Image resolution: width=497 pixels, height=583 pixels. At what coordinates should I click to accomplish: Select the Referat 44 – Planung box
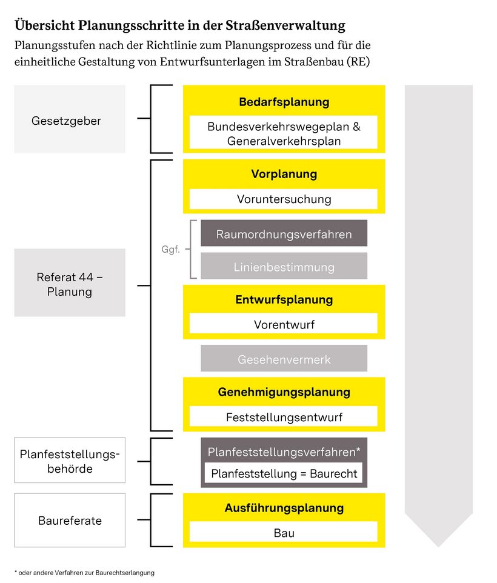(70, 282)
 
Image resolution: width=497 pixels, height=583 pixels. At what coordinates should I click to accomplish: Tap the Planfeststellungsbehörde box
(70, 461)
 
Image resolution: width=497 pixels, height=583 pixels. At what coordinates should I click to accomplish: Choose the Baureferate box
(70, 520)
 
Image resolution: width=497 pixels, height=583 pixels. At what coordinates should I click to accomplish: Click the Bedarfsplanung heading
(284, 102)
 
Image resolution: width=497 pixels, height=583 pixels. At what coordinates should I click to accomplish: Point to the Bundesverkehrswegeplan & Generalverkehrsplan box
(284, 133)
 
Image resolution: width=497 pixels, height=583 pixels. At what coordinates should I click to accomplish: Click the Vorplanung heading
(284, 175)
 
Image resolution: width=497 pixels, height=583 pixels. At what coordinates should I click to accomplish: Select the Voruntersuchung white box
(284, 199)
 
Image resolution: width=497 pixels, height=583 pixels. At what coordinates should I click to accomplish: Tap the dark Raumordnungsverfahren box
(284, 233)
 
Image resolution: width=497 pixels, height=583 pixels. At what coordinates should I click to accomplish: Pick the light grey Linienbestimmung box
(284, 267)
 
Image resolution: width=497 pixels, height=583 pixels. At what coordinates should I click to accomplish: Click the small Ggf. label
(171, 250)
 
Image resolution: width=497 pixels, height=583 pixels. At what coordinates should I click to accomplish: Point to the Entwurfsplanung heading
(284, 300)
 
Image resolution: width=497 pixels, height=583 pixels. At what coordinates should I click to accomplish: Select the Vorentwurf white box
(284, 324)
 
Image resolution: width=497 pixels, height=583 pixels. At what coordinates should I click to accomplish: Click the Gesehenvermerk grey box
(284, 359)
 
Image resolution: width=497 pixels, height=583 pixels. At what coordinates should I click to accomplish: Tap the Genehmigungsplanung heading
(284, 392)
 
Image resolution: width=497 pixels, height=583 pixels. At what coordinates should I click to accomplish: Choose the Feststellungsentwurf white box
(284, 417)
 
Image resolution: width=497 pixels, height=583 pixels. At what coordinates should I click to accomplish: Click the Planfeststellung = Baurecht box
(284, 473)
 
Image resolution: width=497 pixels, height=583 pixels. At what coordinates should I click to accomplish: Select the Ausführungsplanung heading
(284, 508)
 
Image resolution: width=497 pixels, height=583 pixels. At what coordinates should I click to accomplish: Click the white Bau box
(284, 533)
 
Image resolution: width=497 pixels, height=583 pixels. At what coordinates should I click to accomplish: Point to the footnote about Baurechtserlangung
(84, 572)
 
